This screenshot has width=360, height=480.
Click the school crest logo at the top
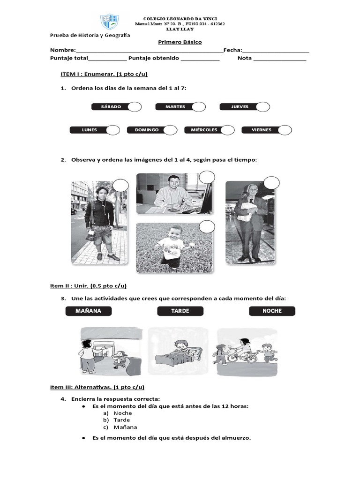click(110, 22)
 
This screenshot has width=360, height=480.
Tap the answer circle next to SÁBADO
click(135, 107)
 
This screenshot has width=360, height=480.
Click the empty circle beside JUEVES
click(262, 107)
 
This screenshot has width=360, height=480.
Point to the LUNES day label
click(89, 130)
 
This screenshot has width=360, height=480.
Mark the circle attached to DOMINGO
click(170, 130)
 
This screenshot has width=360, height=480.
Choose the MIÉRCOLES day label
click(204, 130)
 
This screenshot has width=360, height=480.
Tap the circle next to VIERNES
click(284, 130)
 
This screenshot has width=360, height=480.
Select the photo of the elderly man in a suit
click(246, 222)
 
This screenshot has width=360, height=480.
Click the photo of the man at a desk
click(173, 194)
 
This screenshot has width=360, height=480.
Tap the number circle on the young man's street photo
click(120, 186)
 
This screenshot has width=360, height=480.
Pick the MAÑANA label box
click(89, 311)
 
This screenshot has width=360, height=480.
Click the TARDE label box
click(180, 311)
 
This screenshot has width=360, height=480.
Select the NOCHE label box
click(272, 311)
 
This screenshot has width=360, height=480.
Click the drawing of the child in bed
click(178, 352)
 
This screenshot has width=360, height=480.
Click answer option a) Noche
click(122, 413)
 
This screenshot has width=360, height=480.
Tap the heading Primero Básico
click(180, 42)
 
